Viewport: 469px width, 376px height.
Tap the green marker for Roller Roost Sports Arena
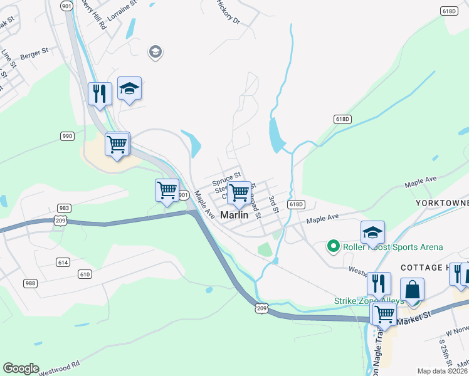pyautogui.click(x=334, y=246)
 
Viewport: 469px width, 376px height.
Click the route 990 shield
pyautogui.click(x=68, y=136)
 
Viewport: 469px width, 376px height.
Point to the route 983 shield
pyautogui.click(x=63, y=208)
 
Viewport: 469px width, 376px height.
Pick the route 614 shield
pyautogui.click(x=62, y=262)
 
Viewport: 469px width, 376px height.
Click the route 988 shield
pyautogui.click(x=30, y=284)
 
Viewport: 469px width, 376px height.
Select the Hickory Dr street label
pyautogui.click(x=228, y=12)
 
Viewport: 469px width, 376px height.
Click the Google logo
pyautogui.click(x=20, y=368)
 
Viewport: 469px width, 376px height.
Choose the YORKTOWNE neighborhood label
pyautogui.click(x=441, y=204)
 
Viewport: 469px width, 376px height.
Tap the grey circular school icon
pyautogui.click(x=155, y=52)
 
